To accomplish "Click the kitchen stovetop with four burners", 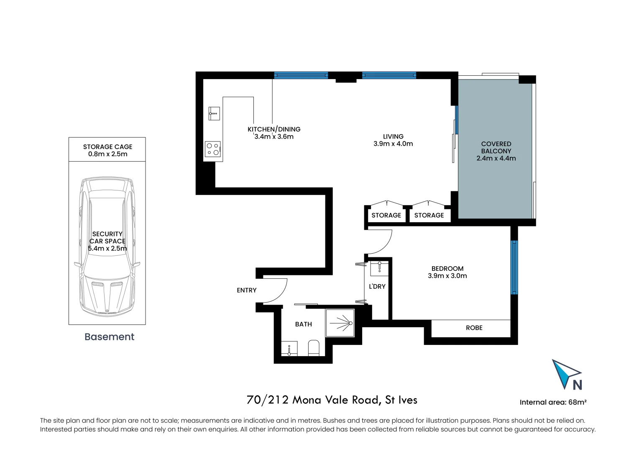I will [213, 149].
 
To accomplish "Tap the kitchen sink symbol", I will [214, 113].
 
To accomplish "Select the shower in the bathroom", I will [340, 323].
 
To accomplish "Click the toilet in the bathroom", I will [314, 348].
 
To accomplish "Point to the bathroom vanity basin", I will [289, 349].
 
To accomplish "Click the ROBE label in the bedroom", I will [474, 328].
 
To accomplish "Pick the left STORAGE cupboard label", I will [386, 215].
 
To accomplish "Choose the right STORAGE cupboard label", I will [429, 215].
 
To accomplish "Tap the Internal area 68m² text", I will [553, 402].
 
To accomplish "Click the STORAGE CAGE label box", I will [107, 150].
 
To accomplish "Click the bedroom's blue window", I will [514, 267].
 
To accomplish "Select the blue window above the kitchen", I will [301, 75].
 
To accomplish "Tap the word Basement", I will [109, 337].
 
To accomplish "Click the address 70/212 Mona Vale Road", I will [332, 400].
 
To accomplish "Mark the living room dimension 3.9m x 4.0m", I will [393, 144].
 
